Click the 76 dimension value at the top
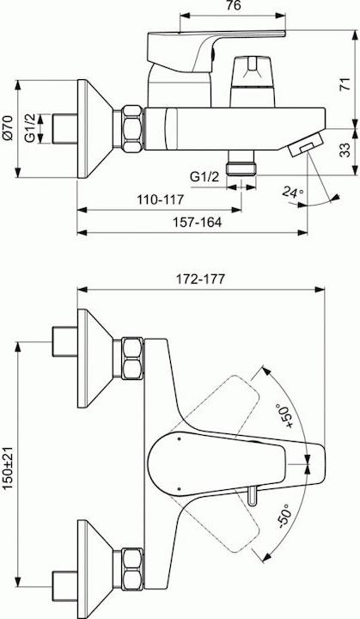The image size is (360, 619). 233,5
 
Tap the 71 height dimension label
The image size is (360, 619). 345,84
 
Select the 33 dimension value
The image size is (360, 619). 345,150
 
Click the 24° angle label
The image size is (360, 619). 293,193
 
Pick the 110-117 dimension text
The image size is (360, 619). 161,199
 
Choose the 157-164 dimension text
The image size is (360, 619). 198,223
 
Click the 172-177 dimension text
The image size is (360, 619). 200,279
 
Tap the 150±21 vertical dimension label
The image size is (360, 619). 9,469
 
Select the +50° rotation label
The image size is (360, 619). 285,416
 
